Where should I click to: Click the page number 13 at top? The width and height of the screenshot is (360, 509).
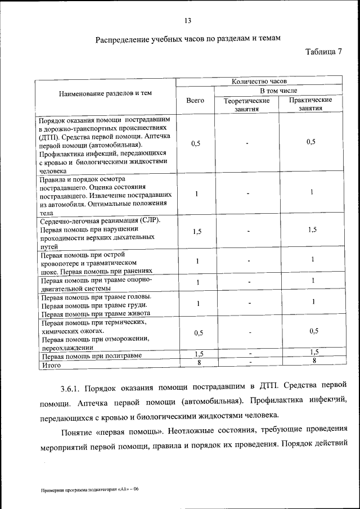click(188, 21)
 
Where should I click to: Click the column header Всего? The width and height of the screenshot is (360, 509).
click(195, 100)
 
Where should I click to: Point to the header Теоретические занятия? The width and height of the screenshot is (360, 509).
click(246, 105)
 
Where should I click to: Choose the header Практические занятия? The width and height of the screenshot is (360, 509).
click(310, 104)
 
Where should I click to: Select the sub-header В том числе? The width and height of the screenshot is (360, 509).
click(278, 91)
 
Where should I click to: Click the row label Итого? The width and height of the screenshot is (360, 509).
click(51, 365)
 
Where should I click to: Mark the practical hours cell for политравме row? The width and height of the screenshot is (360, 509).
click(313, 352)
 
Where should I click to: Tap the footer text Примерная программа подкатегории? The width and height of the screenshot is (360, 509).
click(82, 490)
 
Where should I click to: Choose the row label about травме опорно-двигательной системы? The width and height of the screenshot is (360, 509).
click(96, 284)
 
